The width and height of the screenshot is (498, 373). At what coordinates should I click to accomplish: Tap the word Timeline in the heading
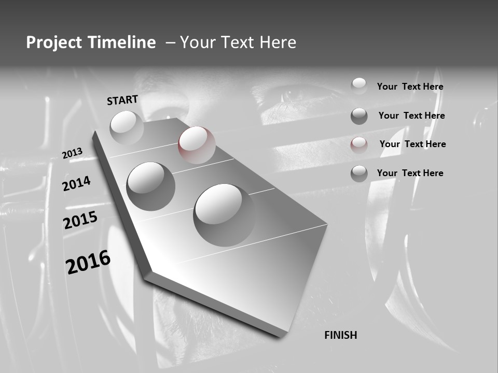click(x=122, y=42)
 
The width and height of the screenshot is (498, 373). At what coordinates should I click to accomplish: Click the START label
click(x=122, y=100)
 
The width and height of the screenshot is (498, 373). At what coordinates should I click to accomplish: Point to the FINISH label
click(x=341, y=335)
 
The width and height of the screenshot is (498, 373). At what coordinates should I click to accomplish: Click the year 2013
click(x=73, y=153)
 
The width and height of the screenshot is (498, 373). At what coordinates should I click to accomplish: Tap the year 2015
click(x=80, y=220)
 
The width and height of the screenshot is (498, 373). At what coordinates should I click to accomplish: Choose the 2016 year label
click(x=88, y=262)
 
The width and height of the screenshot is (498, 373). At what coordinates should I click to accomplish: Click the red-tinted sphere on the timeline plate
click(x=197, y=145)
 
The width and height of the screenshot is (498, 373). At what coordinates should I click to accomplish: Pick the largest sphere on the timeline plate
click(x=224, y=214)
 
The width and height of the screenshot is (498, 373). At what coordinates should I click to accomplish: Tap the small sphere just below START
click(x=127, y=127)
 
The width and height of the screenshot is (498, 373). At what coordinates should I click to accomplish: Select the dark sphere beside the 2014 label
click(x=150, y=186)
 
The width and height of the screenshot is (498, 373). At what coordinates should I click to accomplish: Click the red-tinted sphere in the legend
click(x=359, y=145)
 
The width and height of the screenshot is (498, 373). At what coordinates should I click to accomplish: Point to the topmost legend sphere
click(x=359, y=86)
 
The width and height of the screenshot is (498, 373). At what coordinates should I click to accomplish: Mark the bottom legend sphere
click(x=359, y=174)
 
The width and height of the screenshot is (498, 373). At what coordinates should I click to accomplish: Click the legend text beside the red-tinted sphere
click(x=412, y=144)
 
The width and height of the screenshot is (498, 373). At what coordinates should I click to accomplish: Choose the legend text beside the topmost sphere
click(x=410, y=87)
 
